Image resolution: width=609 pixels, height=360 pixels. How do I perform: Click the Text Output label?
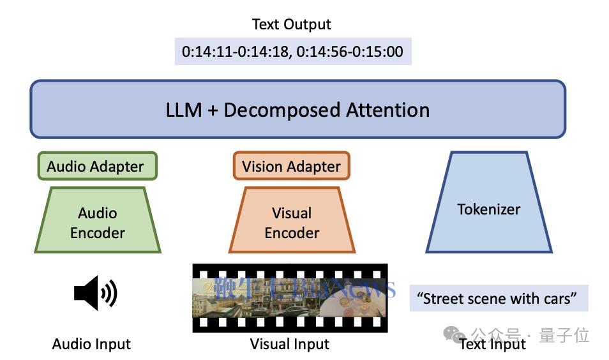292,25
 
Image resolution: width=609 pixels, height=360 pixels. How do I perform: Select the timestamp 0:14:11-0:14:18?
234,52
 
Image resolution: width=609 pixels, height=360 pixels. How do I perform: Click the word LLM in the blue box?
184,110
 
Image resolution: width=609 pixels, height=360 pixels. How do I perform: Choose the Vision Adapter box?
291,167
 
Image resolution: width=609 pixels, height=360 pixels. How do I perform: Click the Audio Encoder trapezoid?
98,222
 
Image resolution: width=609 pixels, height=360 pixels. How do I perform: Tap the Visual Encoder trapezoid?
292,222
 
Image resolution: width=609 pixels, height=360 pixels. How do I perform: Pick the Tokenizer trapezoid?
489,209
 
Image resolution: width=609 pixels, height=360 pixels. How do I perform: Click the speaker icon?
96,294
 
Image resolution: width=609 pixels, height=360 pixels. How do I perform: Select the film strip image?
290,297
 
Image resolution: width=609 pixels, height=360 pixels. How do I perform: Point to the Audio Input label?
91,345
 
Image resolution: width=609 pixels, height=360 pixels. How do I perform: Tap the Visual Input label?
290,345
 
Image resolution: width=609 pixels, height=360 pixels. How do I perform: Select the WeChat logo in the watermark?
455,334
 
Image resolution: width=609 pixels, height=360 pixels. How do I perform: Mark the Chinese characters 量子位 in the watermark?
564,334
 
